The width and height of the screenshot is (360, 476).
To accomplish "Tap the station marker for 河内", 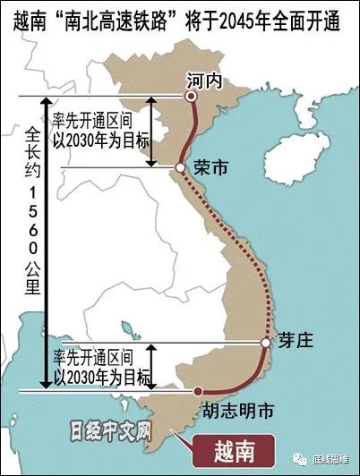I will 190,96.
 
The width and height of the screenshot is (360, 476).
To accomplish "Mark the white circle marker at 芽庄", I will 265,343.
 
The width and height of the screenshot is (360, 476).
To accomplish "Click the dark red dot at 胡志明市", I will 198,391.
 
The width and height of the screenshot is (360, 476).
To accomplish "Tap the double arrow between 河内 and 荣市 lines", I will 152,131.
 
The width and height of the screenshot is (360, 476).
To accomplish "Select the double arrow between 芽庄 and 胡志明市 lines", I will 152,366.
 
